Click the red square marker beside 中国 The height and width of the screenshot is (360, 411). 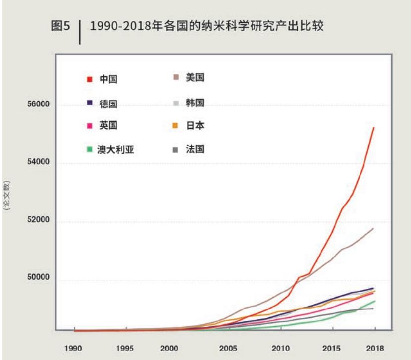89,79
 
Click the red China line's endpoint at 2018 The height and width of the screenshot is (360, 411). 374,128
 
